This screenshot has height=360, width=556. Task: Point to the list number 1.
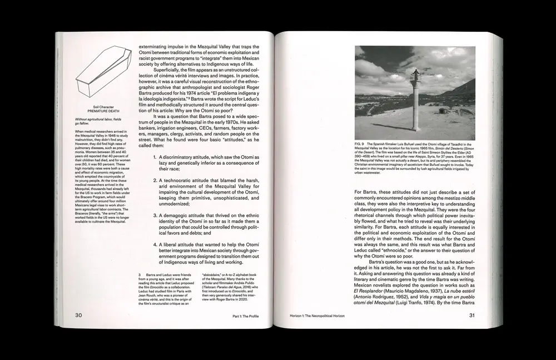(x=155, y=157)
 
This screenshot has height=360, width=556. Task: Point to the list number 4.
(x=155, y=244)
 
